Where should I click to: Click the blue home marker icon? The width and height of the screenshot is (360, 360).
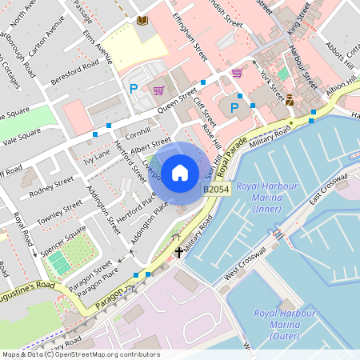pyautogui.click(x=179, y=172)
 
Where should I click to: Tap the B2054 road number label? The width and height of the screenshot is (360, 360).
pyautogui.click(x=215, y=190)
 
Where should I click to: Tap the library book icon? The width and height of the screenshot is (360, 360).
pyautogui.click(x=142, y=20)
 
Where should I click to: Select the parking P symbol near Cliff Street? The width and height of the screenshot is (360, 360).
pyautogui.click(x=234, y=108)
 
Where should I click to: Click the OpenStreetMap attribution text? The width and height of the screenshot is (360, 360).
pyautogui.click(x=80, y=354)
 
